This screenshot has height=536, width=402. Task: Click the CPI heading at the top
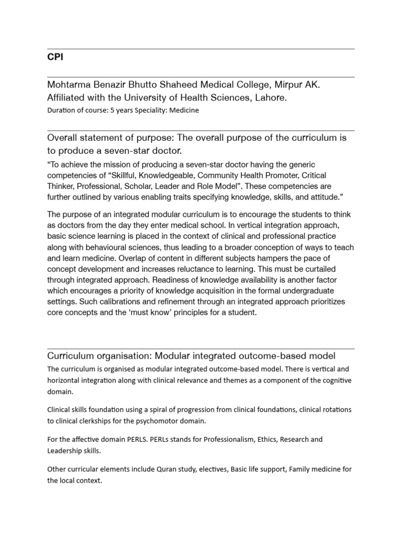tap(55, 57)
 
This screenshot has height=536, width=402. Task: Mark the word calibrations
tap(113, 302)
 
